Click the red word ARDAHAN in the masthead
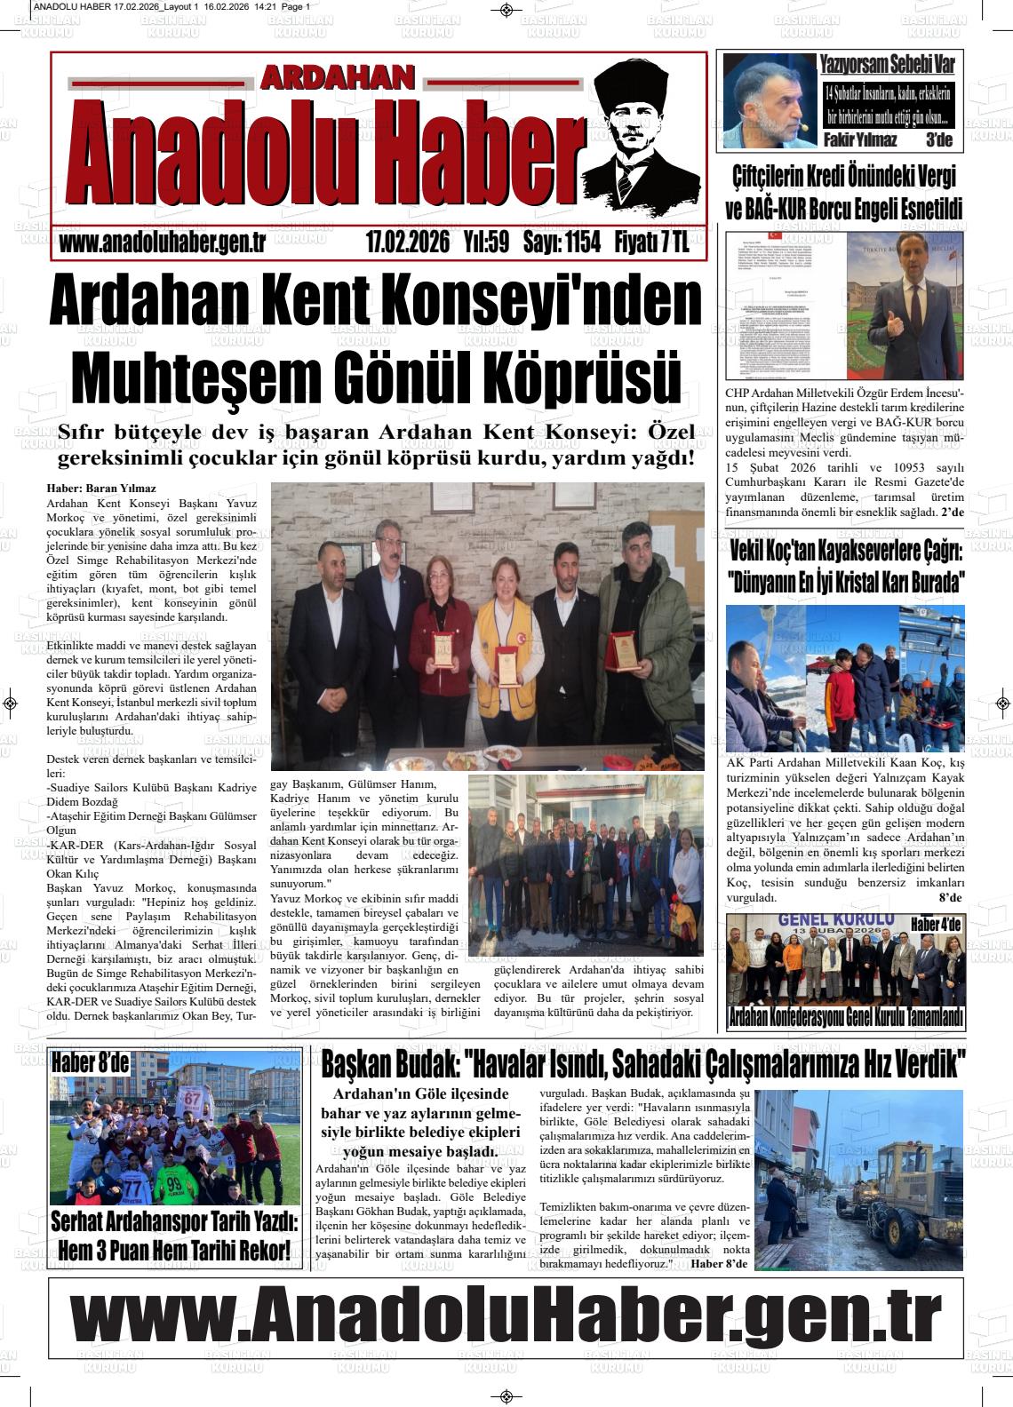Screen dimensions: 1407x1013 (337, 79)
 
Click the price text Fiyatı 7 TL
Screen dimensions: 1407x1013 (651, 242)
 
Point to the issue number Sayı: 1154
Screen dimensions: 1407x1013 (562, 242)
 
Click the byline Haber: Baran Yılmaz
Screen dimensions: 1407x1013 (101, 489)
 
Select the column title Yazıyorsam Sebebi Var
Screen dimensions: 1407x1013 (887, 64)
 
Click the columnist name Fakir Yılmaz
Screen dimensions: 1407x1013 (860, 139)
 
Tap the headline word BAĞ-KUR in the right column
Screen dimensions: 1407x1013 (783, 210)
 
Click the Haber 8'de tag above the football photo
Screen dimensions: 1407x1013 (90, 1061)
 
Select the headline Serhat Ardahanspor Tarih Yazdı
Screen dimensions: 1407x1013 (174, 1220)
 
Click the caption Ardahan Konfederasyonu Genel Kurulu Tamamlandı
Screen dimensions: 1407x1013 (845, 1018)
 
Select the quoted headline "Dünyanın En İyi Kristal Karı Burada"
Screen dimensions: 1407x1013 (846, 584)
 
